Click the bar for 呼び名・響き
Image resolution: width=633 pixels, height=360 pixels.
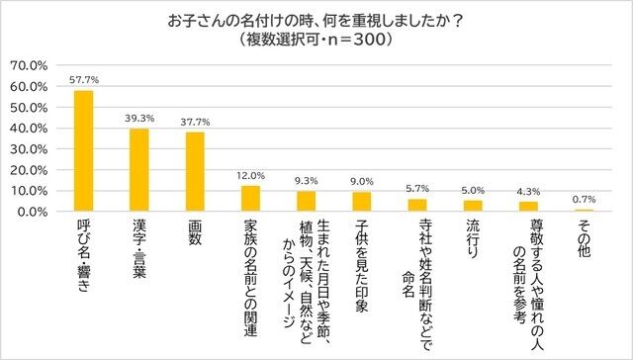(x=84, y=151)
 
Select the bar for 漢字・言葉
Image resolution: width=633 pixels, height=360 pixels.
(x=139, y=170)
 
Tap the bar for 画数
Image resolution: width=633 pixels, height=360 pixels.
(x=196, y=172)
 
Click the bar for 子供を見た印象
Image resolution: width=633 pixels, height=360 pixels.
(x=363, y=202)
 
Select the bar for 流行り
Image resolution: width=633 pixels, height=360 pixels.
(x=474, y=206)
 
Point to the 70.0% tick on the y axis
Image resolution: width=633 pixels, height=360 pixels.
(x=29, y=65)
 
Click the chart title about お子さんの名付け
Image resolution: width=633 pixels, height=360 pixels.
(x=316, y=21)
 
